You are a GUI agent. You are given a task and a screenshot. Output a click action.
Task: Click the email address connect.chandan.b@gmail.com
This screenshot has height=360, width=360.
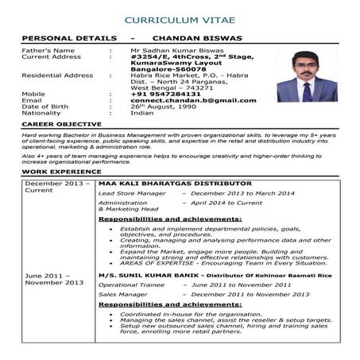tap(193, 101)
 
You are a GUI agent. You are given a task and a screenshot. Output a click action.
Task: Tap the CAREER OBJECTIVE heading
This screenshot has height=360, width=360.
tap(61, 125)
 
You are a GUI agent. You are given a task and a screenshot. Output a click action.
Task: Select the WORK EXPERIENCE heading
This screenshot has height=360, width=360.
tap(58, 172)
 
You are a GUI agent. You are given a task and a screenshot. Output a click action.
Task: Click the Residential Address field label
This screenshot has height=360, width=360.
tap(57, 75)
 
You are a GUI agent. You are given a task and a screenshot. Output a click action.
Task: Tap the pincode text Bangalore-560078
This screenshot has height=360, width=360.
tap(168, 69)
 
